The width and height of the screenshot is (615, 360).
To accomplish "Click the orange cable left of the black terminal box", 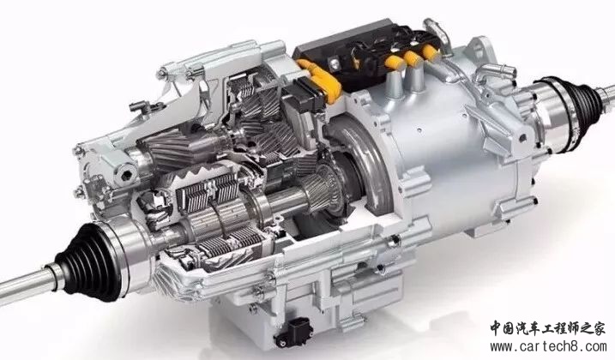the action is pyautogui.click(x=319, y=80).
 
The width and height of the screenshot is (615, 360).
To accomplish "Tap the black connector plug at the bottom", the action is pyautogui.click(x=293, y=332).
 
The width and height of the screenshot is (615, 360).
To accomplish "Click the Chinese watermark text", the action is pyautogui.click(x=547, y=327).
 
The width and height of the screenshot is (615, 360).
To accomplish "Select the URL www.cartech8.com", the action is pyautogui.click(x=548, y=346).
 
